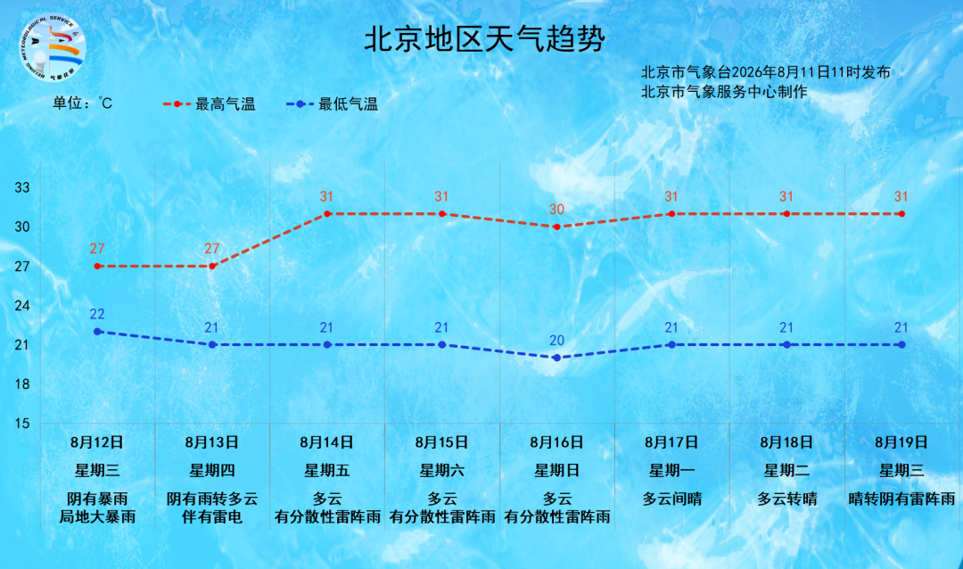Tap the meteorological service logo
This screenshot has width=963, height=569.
click(x=53, y=48)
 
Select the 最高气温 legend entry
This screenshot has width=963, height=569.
click(x=209, y=103)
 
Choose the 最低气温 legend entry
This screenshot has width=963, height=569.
click(x=332, y=103)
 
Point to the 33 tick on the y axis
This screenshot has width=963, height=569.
click(x=22, y=187)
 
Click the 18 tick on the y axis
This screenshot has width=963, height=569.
click(x=22, y=384)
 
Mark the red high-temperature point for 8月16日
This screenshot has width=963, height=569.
click(x=557, y=227)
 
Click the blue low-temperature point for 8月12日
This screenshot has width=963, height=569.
click(x=97, y=332)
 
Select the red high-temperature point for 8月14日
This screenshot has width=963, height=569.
click(x=327, y=214)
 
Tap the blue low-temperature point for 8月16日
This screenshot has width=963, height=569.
click(x=557, y=358)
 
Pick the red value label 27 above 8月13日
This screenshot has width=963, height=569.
click(x=212, y=249)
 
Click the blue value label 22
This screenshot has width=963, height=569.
click(x=97, y=314)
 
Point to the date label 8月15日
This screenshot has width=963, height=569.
click(x=441, y=442)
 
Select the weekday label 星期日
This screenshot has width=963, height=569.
click(x=557, y=471)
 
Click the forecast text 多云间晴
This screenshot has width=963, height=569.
click(x=672, y=499)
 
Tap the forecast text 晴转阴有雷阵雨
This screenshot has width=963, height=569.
click(x=901, y=499)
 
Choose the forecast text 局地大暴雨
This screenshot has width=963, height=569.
click(x=97, y=516)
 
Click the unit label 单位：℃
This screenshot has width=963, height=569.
click(x=82, y=103)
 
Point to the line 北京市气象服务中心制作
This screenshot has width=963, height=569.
click(x=724, y=92)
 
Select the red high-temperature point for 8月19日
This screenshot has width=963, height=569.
click(x=901, y=214)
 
